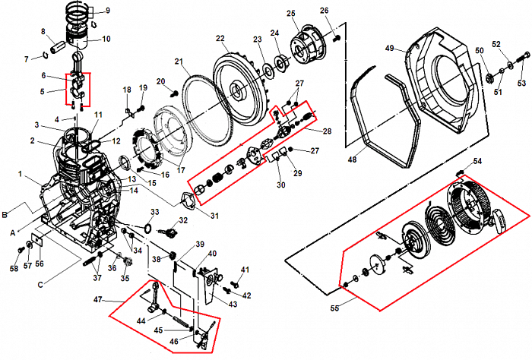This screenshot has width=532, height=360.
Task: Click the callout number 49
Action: coord(388,49)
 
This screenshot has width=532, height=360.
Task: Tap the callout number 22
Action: coord(220,39)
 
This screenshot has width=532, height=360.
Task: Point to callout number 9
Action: coord(107,11)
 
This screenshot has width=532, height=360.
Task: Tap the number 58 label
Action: coord(14,269)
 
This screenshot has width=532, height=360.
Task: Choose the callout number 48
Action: coord(351,160)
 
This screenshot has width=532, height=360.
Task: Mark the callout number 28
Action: coord(328,131)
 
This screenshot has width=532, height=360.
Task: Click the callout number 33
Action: coord(154,212)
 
